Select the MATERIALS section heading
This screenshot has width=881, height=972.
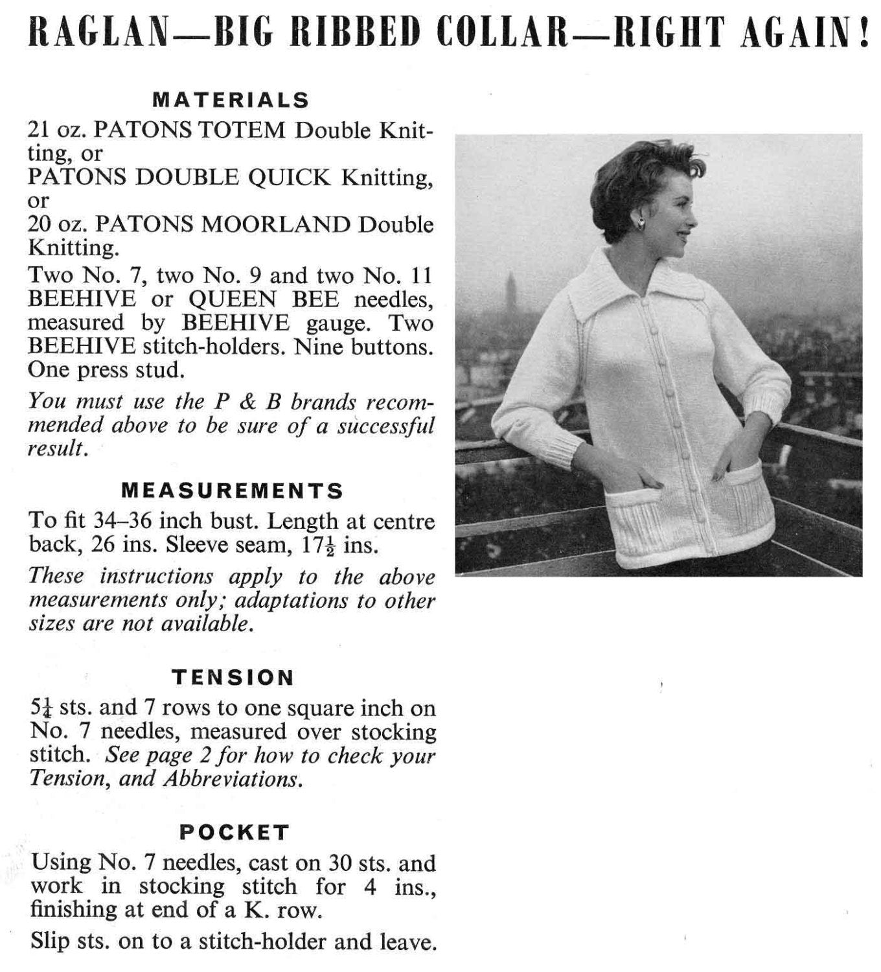(x=231, y=100)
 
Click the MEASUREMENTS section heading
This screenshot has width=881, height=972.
(x=232, y=491)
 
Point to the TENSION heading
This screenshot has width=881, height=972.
(x=233, y=678)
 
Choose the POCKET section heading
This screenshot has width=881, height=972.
(x=234, y=831)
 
